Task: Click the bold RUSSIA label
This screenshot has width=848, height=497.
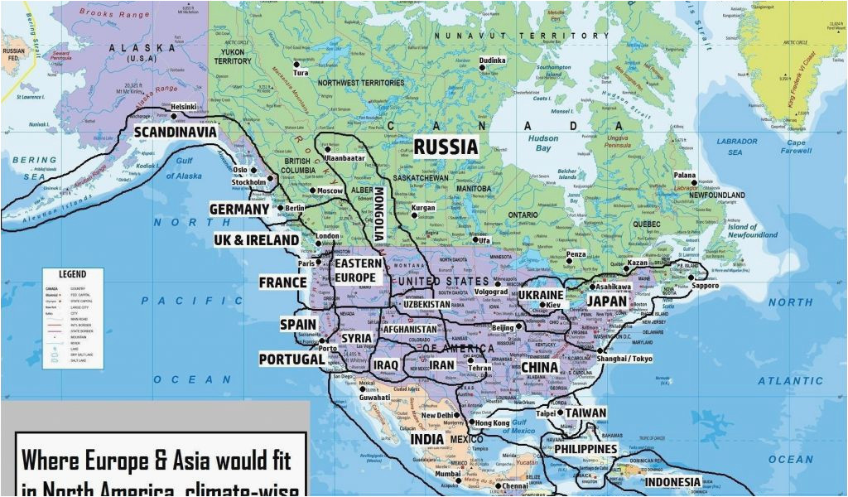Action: [446, 147]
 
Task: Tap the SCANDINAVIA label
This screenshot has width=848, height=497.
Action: [175, 132]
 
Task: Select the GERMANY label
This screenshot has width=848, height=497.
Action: [239, 210]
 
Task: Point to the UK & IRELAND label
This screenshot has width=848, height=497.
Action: [256, 240]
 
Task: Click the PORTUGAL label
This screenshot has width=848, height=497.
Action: [291, 359]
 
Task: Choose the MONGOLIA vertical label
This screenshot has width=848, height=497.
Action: [379, 213]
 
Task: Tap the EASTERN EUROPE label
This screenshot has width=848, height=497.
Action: [358, 271]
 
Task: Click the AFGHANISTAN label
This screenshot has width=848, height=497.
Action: [409, 329]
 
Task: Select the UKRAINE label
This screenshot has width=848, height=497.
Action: [540, 295]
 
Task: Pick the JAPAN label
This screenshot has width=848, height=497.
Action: [608, 302]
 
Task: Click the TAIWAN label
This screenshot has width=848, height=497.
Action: [585, 413]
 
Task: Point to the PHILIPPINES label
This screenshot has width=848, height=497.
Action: [585, 449]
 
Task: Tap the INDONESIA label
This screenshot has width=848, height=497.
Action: [672, 481]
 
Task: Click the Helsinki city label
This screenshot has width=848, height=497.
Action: [183, 107]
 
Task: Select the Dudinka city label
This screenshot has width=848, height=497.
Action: [492, 60]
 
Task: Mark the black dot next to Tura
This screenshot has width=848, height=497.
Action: [296, 65]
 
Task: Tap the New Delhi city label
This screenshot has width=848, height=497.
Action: [436, 416]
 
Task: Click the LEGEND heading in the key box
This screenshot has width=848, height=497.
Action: [72, 274]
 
